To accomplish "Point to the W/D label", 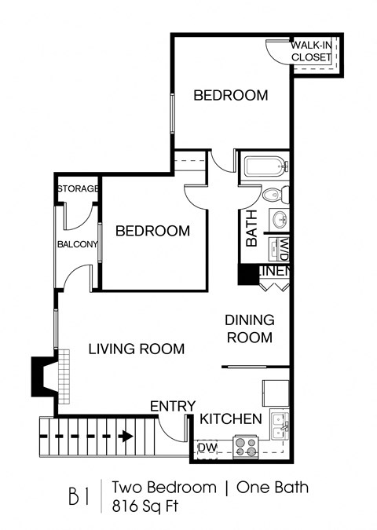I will [x=283, y=249].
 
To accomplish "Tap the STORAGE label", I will [x=77, y=189].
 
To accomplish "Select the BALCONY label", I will [x=76, y=244].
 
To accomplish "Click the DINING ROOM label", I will [x=249, y=329].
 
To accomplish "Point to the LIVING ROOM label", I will [x=136, y=349].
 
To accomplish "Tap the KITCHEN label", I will [x=230, y=419].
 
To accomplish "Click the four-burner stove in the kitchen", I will [x=247, y=446].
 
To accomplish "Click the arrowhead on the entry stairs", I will [x=126, y=435].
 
